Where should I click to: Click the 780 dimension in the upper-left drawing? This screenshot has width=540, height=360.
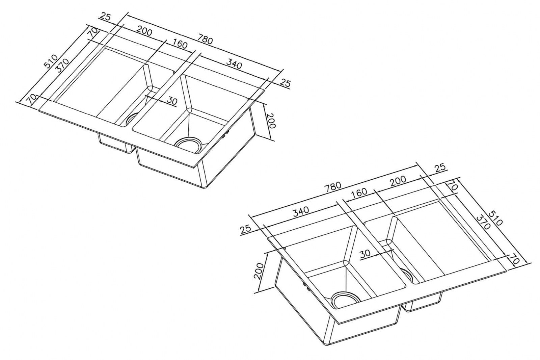click(206, 39)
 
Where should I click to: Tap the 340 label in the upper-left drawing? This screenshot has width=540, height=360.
click(234, 64)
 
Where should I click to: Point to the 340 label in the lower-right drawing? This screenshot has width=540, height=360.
click(301, 211)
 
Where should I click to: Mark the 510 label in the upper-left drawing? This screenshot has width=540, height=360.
click(51, 62)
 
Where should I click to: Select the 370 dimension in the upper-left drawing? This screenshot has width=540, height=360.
click(62, 66)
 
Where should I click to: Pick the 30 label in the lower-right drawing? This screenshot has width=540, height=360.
click(365, 254)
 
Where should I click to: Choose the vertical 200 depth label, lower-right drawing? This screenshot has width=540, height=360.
click(259, 271)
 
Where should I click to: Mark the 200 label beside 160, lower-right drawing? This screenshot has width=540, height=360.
click(398, 180)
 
